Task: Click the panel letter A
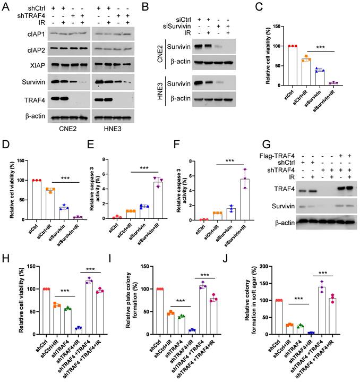pyautogui.click(x=6, y=6)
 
